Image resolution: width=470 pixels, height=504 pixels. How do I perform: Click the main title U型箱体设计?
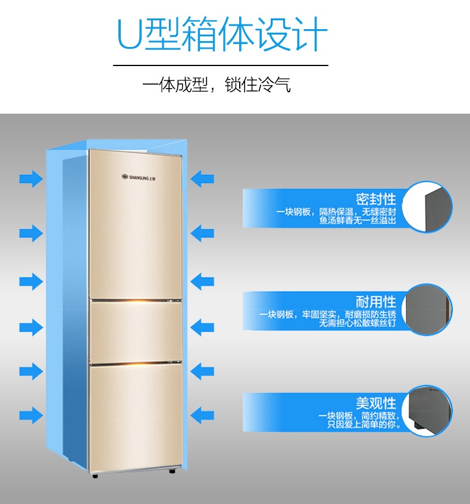click(222, 34)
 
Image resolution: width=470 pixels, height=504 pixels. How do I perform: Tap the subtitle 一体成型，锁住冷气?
click(217, 85)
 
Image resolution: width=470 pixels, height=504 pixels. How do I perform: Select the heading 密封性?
click(376, 199)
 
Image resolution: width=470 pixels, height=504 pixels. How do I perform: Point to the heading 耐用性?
click(376, 302)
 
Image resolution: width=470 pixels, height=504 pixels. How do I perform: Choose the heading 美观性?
click(376, 403)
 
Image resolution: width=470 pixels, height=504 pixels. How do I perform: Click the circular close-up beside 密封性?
click(427, 207)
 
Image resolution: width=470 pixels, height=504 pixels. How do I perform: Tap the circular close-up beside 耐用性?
click(427, 309)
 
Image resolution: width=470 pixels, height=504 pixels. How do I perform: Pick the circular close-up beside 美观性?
click(427, 411)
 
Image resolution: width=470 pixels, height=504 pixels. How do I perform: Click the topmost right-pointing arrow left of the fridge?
click(31, 179)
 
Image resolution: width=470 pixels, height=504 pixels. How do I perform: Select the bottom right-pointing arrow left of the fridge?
click(31, 415)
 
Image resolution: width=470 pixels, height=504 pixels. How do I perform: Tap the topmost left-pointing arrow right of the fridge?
click(202, 179)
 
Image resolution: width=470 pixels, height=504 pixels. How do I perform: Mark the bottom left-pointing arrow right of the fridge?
click(202, 415)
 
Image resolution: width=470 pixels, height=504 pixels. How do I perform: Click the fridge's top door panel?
click(135, 224)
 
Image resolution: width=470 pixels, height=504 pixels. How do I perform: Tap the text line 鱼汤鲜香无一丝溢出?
click(358, 221)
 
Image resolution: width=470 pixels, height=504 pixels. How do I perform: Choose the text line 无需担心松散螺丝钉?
click(358, 323)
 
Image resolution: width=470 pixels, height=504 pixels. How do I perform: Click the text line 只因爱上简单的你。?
click(364, 424)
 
